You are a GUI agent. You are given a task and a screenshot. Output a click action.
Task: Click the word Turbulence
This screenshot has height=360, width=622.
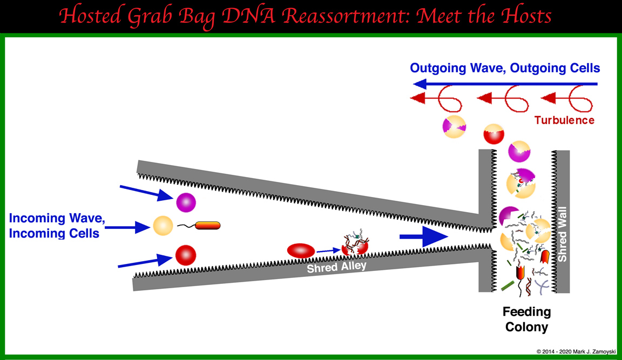point(564,120)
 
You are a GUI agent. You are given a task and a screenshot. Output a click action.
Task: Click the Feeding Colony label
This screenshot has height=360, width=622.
point(526,319)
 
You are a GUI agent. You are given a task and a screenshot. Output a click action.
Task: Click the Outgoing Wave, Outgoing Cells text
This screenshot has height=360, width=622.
point(505,69)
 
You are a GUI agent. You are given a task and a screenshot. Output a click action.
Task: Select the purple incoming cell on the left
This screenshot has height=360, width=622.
point(186,203)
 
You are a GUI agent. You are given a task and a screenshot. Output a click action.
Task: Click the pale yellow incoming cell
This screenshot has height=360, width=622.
point(163,225)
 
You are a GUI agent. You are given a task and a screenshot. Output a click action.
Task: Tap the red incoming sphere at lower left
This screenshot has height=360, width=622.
point(185,254)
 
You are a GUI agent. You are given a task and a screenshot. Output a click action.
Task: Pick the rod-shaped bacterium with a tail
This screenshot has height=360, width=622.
point(207,226)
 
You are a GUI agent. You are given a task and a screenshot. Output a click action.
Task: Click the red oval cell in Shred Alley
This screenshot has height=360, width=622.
point(301,250)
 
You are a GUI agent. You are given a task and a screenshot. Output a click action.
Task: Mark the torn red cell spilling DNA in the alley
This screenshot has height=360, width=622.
point(354,246)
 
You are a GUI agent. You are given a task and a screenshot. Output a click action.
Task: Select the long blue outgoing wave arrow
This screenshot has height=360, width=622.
point(505,84)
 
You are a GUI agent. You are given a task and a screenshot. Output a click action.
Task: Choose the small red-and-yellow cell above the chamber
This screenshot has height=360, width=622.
point(493,134)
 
